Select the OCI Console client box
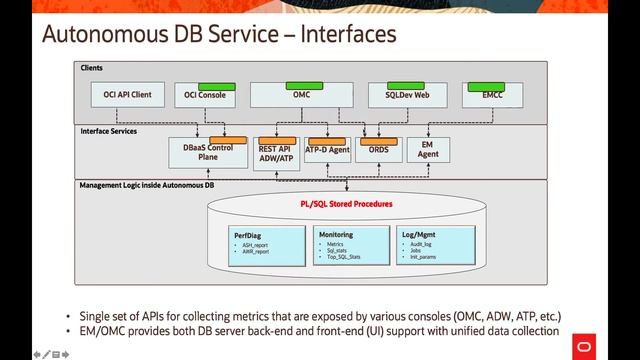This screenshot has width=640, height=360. pyautogui.click(x=205, y=96)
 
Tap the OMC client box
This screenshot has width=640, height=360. pyautogui.click(x=301, y=95)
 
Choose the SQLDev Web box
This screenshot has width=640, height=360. pyautogui.click(x=407, y=95)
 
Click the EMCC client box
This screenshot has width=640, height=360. pyautogui.click(x=493, y=95)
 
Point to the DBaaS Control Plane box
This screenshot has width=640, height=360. pyautogui.click(x=208, y=153)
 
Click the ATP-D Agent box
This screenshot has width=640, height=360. pyautogui.click(x=327, y=150)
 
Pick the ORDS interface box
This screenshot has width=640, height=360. pyautogui.click(x=378, y=150)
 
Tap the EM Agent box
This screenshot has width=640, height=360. pyautogui.click(x=429, y=150)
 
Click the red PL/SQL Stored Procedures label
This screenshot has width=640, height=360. pyautogui.click(x=346, y=203)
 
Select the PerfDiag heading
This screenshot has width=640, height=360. pyautogui.click(x=247, y=234)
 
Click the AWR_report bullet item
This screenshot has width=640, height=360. pyautogui.click(x=255, y=252)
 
